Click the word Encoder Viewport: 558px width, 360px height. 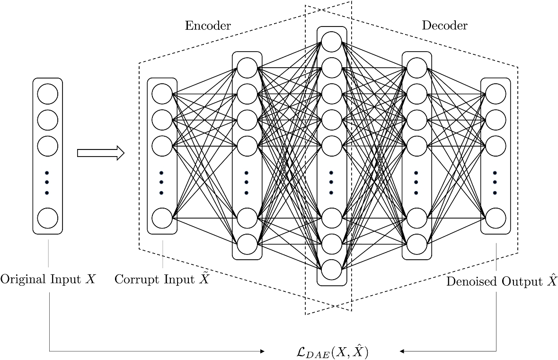pos(207,26)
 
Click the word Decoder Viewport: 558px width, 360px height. pos(444,26)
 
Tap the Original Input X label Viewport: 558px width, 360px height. pos(48,279)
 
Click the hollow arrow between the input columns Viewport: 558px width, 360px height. pos(100,153)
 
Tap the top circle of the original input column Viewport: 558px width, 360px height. pos(47,94)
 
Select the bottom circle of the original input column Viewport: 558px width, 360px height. pos(47,218)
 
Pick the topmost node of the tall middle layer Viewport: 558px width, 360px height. pos(331,41)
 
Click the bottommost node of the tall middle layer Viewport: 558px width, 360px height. pos(331,270)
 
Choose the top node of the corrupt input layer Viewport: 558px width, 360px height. pos(162,94)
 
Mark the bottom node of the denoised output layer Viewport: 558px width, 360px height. pos(495,218)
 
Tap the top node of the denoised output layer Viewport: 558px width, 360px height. pos(495,94)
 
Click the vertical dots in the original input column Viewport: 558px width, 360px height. pos(47,183)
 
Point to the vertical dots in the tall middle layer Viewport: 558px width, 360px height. pos(331,183)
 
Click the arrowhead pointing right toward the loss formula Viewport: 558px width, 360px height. pos(261,351)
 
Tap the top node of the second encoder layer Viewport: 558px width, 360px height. pos(247,67)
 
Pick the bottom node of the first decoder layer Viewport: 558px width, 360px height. pos(416,244)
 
